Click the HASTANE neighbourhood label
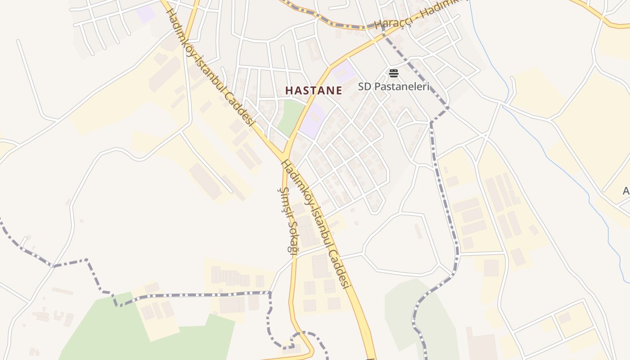(x=314, y=90)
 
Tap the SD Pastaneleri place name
(x=394, y=86)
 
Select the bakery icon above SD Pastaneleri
(x=394, y=73)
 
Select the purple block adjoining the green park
(x=312, y=121)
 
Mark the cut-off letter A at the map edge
(x=626, y=191)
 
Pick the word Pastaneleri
(x=402, y=86)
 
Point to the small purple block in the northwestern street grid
(x=146, y=14)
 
